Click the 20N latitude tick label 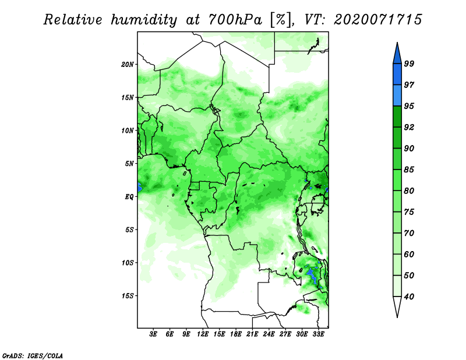click(x=127, y=65)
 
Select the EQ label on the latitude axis click(x=129, y=197)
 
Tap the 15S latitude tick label click(x=127, y=296)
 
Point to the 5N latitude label click(x=129, y=164)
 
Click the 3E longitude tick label click(x=153, y=334)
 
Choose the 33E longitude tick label click(x=318, y=334)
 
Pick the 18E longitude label click(x=236, y=334)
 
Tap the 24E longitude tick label click(x=269, y=334)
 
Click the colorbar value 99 click(x=409, y=63)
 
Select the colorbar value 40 click(x=409, y=297)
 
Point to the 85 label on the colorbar click(x=409, y=170)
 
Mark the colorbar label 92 click(x=409, y=127)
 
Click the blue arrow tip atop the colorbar click(x=397, y=43)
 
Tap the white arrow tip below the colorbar click(x=397, y=317)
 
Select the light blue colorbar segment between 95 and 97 click(x=397, y=96)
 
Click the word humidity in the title click(x=144, y=20)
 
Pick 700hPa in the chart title click(x=235, y=20)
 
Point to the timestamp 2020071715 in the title click(x=377, y=20)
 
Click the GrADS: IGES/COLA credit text click(x=33, y=355)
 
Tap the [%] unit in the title click(x=280, y=20)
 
